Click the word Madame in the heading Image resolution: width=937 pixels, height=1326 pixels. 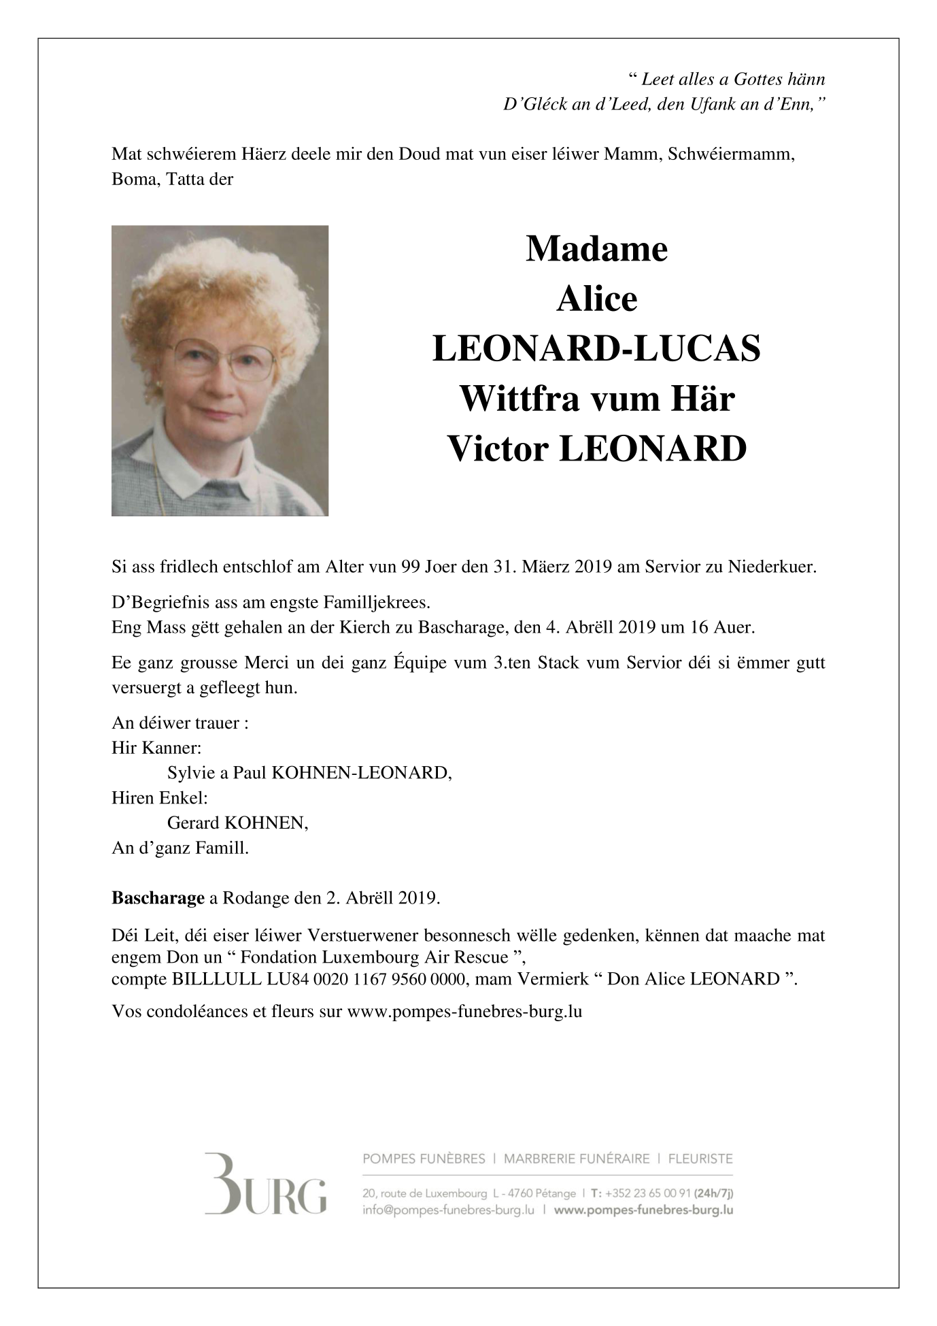pyautogui.click(x=596, y=249)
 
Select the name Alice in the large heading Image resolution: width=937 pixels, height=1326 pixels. pyautogui.click(x=596, y=299)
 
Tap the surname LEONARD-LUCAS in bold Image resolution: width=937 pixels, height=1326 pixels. pyautogui.click(x=596, y=349)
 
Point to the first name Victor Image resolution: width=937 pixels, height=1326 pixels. pyautogui.click(x=498, y=448)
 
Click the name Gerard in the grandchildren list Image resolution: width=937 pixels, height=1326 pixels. pyautogui.click(x=193, y=823)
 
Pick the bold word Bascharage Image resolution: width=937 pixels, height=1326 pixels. pyautogui.click(x=158, y=898)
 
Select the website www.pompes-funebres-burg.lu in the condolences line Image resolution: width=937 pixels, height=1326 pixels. pyautogui.click(x=464, y=1011)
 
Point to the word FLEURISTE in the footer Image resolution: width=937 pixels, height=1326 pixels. pyautogui.click(x=700, y=1158)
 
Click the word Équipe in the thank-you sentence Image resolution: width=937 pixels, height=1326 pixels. pyautogui.click(x=424, y=663)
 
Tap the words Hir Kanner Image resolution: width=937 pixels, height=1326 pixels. pyautogui.click(x=156, y=748)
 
